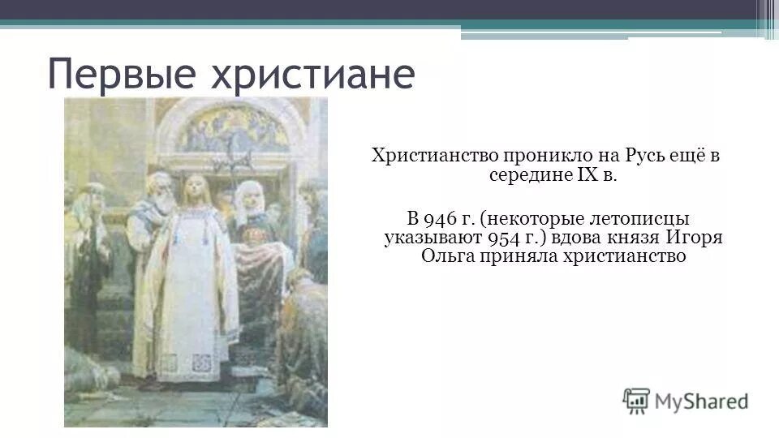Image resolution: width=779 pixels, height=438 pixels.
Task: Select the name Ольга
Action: (445, 257)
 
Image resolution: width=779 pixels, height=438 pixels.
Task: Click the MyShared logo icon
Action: (635, 400)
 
